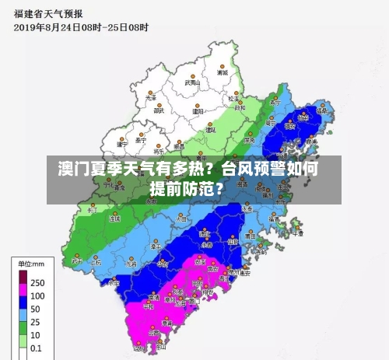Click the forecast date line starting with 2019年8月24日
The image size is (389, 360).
81,26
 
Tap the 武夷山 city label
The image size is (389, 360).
192,82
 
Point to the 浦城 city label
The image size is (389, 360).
223,72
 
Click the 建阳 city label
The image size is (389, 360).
198,110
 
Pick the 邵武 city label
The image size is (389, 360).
159,110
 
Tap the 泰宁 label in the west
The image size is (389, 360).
140,141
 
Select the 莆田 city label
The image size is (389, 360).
249,234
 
